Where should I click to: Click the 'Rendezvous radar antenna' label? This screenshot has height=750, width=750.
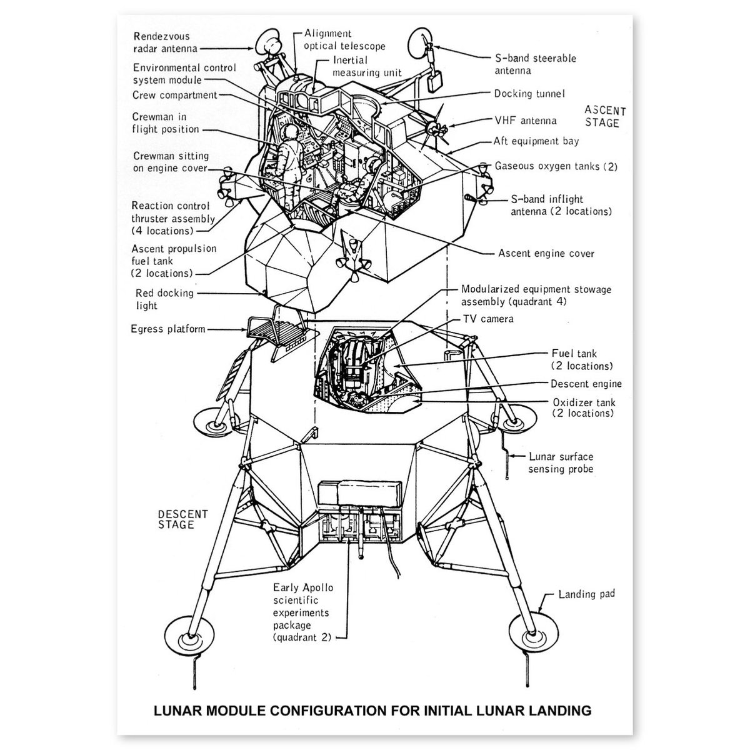tap(165, 42)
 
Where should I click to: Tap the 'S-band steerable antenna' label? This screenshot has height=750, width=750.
tap(535, 64)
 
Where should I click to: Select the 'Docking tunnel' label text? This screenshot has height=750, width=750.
tap(529, 94)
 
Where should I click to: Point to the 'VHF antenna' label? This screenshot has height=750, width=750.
tap(525, 121)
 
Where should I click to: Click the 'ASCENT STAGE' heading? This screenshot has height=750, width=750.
tap(604, 117)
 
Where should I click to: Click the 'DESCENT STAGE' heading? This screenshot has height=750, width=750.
tap(182, 519)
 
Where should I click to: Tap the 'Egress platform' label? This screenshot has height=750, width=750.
tap(167, 329)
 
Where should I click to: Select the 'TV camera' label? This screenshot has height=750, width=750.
tap(488, 319)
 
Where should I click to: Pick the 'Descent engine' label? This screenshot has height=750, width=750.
tap(586, 384)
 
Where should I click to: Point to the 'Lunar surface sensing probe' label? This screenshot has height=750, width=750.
tap(561, 463)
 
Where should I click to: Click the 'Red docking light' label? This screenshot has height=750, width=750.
tap(164, 299)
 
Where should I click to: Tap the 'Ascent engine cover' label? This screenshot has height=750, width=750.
tap(546, 253)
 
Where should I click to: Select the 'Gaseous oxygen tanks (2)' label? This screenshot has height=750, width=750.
tap(556, 166)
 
